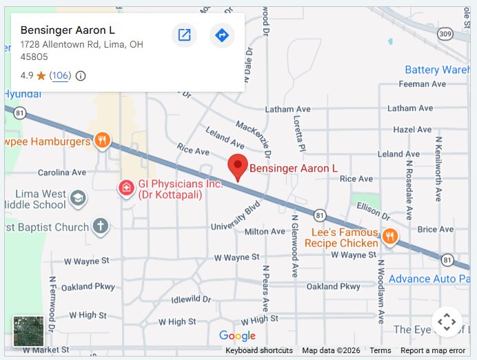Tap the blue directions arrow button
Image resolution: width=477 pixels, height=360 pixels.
point(222,35)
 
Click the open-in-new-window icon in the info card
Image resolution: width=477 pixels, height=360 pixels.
point(184,35)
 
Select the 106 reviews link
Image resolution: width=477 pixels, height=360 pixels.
point(60,75)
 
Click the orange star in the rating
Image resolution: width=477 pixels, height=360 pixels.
point(41,75)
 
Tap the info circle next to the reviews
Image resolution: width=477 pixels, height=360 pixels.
point(81,75)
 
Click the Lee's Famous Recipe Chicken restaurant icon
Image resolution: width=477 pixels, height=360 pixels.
point(389,237)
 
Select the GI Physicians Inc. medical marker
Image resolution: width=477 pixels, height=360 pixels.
point(126,187)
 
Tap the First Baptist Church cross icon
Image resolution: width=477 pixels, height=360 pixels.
point(101,226)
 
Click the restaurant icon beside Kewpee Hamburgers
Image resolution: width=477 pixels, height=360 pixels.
point(102,141)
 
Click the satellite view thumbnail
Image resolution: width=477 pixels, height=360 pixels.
point(28,331)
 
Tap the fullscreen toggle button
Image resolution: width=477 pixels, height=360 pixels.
point(446,321)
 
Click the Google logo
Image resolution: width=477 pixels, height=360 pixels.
point(237,336)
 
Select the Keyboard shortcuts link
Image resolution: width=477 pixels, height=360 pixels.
point(259,350)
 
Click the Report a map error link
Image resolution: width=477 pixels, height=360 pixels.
point(433,350)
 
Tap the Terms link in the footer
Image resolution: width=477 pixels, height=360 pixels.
point(380,350)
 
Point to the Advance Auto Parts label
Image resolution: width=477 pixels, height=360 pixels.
point(431,279)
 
